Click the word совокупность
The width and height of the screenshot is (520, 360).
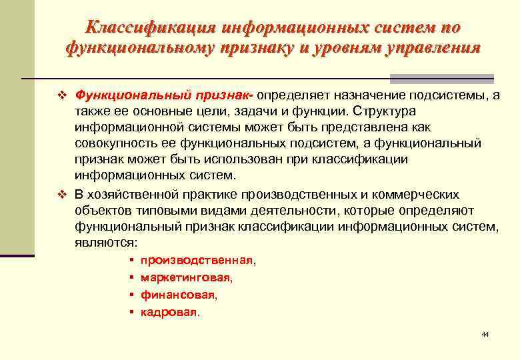pos(115,143)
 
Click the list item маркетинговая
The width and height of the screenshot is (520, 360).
pos(186,277)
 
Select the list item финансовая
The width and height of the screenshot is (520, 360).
pos(178,293)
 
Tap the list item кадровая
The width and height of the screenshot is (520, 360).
pos(169,311)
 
